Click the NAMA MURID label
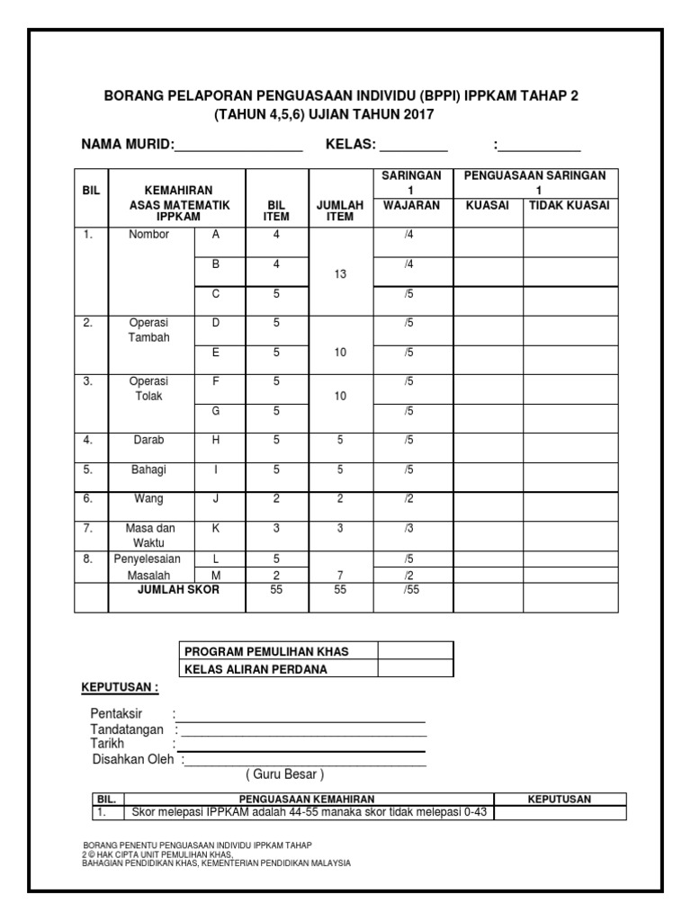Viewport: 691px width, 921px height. pyautogui.click(x=126, y=146)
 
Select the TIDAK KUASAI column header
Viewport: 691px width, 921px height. pyautogui.click(x=569, y=205)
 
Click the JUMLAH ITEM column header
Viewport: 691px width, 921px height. pyautogui.click(x=340, y=210)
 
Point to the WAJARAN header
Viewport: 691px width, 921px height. pyautogui.click(x=411, y=205)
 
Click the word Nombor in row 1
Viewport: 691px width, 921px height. pyautogui.click(x=149, y=235)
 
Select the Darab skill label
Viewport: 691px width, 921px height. pyautogui.click(x=149, y=441)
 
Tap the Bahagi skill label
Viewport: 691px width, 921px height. pyautogui.click(x=149, y=469)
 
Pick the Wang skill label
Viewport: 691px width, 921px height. pyautogui.click(x=149, y=499)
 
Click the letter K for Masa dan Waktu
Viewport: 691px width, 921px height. pyautogui.click(x=216, y=528)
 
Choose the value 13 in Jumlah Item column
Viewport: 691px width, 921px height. pyautogui.click(x=340, y=273)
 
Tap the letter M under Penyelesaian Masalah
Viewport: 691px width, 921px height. pyautogui.click(x=216, y=575)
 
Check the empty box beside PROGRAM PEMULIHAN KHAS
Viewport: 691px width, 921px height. pyautogui.click(x=416, y=651)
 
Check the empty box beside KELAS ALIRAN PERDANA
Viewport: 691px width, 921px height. pyautogui.click(x=416, y=668)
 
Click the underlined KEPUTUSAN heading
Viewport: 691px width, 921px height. pyautogui.click(x=120, y=688)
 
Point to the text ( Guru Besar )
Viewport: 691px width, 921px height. pyautogui.click(x=284, y=774)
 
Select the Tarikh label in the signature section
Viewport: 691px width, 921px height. pyautogui.click(x=107, y=744)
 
